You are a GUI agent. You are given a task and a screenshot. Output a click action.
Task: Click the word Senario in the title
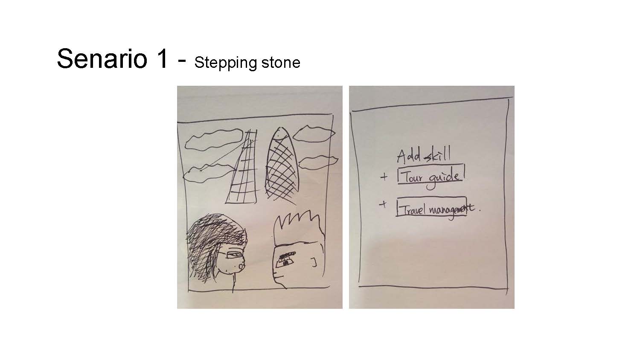coord(102,58)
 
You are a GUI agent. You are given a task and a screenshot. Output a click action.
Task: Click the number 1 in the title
coord(162,58)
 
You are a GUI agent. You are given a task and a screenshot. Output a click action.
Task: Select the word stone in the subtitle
coord(281,63)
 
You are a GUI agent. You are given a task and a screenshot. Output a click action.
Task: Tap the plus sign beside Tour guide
coord(384,177)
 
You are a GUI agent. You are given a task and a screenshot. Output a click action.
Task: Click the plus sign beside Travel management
coord(383,204)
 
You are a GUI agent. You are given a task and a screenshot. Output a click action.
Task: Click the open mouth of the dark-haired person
coord(241,266)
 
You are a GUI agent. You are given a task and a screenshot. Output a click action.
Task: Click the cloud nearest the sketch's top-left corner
coord(214,140)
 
